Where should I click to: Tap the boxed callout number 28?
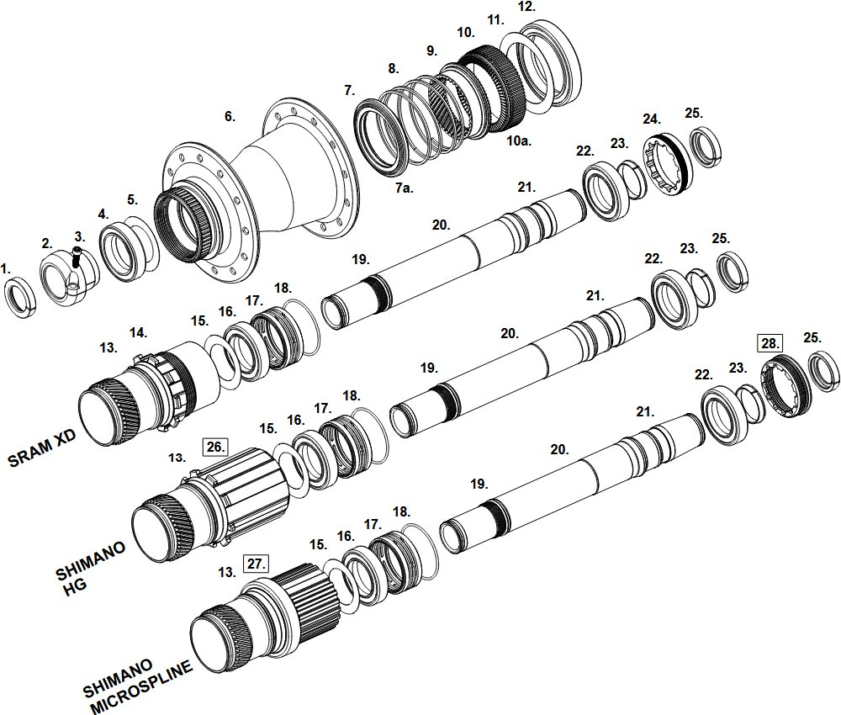(770, 342)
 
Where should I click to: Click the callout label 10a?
(519, 140)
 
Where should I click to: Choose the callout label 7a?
(405, 188)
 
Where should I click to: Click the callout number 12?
(526, 7)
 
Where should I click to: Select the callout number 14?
(136, 333)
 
